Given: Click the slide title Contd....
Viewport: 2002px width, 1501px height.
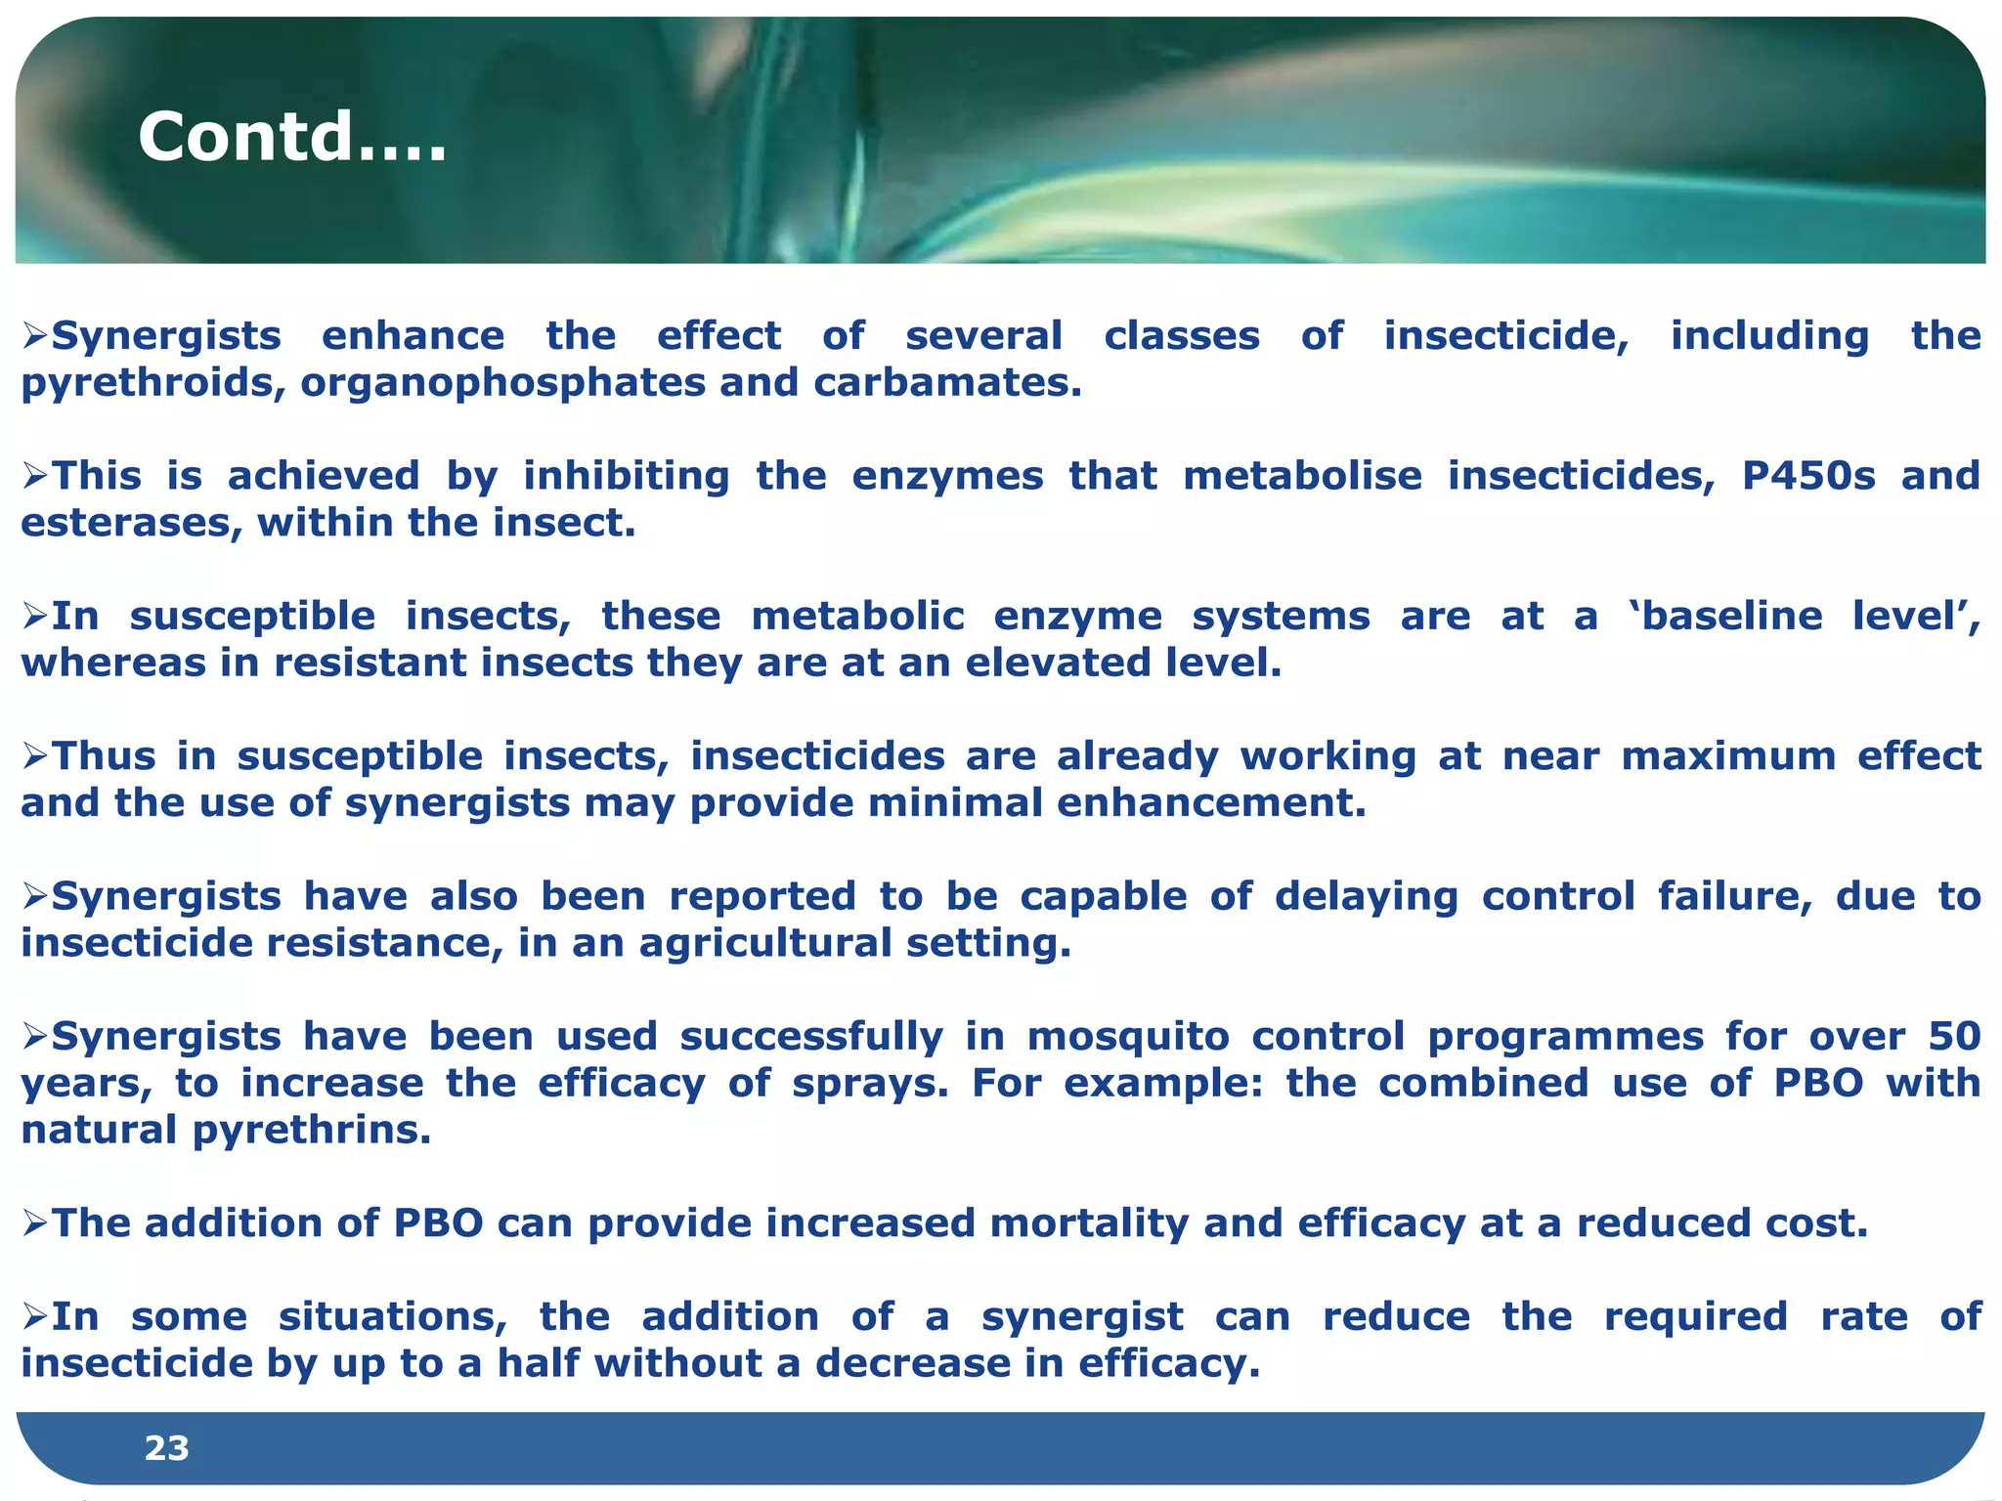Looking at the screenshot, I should tap(291, 136).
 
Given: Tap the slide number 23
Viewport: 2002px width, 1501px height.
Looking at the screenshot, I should tap(166, 1448).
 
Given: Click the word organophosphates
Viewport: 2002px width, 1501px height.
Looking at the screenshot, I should tap(502, 383).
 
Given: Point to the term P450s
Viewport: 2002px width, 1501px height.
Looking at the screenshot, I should tap(1808, 476).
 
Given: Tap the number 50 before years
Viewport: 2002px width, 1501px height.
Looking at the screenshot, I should tap(1953, 1037).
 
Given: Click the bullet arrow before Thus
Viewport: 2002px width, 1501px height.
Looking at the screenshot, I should tap(35, 756).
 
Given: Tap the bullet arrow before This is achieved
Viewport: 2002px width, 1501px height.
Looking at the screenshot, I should tap(35, 477).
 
